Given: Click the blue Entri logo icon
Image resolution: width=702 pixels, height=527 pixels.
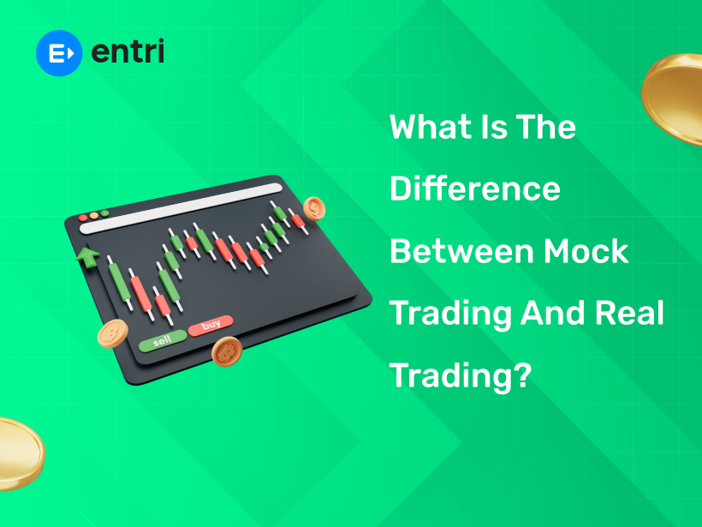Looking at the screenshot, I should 58,52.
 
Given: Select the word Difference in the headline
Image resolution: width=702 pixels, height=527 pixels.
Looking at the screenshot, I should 475,189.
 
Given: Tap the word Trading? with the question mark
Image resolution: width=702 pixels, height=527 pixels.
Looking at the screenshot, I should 461,375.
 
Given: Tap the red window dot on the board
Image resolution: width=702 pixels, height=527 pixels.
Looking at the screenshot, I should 83,218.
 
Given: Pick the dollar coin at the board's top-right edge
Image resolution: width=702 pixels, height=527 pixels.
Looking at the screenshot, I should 315,207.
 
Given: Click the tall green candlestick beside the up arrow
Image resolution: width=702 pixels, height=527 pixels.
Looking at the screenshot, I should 116,286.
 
